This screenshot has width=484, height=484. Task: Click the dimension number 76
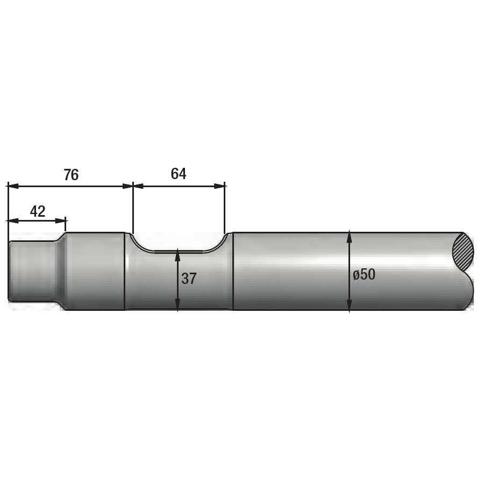(72, 175)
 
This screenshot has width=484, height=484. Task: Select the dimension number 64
(179, 174)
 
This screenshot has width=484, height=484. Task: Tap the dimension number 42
(38, 211)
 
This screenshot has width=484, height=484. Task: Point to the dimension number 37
(189, 279)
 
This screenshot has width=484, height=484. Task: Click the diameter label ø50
(364, 274)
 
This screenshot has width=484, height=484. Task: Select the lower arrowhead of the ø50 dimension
(349, 305)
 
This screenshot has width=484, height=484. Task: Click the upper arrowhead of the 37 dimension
(177, 255)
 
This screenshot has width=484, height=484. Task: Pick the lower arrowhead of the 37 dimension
(177, 304)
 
